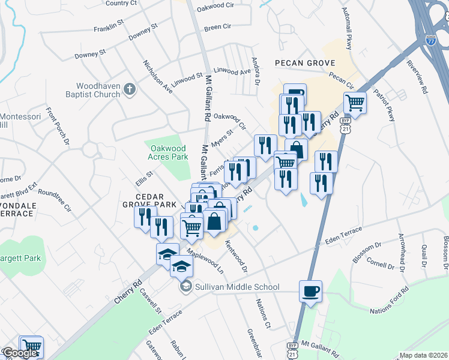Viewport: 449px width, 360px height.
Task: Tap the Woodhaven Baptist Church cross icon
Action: click(129, 90)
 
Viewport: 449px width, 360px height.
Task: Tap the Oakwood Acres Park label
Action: click(167, 152)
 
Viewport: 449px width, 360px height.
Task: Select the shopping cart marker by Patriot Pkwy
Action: click(355, 103)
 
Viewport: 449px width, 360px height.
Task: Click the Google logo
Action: click(20, 353)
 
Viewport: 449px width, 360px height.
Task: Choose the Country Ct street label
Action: click(121, 3)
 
